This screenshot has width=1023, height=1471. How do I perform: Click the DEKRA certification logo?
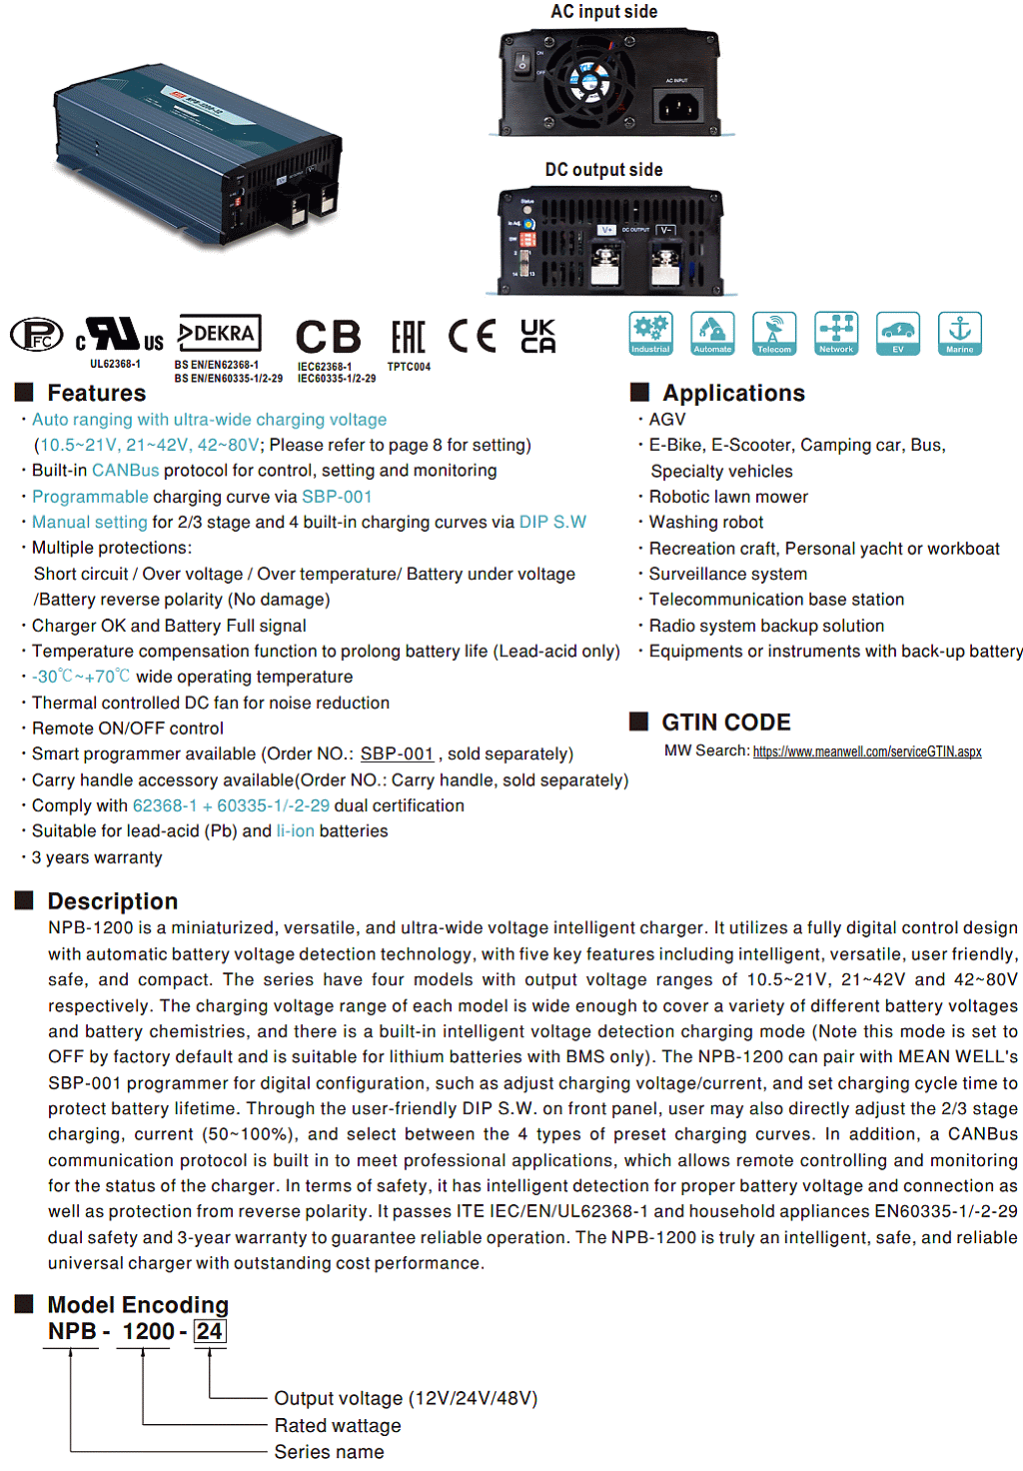220,333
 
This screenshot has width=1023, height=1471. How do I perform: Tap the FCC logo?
36,335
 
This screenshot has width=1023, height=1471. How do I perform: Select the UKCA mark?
538,336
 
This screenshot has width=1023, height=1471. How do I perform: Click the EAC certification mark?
408,337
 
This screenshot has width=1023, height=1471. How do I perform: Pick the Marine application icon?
959,333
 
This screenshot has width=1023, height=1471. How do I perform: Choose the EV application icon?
897,333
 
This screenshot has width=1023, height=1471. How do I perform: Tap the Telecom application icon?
773,333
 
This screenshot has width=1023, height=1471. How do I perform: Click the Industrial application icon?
650,333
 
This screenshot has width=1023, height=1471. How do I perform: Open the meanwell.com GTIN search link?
867,751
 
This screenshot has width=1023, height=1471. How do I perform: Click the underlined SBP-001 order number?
397,753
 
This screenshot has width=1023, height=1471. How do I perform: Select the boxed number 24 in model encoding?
209,1331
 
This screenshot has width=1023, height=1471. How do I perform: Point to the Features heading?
96,393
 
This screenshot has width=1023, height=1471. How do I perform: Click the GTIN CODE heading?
725,723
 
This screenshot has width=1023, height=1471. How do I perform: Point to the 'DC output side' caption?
603,170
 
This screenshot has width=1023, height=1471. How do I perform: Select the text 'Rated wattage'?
338,1425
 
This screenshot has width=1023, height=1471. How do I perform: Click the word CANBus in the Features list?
125,471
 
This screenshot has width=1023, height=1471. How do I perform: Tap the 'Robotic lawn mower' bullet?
728,497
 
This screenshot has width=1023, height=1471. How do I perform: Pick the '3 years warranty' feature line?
97,857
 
